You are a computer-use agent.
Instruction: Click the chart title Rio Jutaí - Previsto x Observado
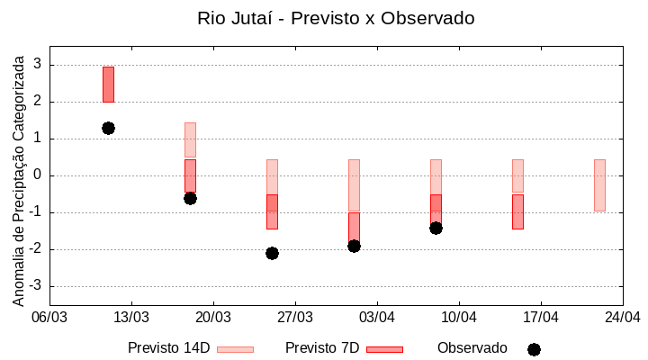[336, 18]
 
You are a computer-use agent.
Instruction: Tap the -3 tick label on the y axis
[36, 286]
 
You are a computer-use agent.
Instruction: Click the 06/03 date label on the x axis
[49, 317]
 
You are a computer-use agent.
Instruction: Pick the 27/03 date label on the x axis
[295, 317]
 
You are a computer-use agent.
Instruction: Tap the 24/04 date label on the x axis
[623, 317]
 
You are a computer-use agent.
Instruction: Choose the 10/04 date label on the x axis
[459, 317]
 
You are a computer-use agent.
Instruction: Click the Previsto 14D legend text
[168, 348]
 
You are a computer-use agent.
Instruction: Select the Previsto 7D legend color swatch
[384, 349]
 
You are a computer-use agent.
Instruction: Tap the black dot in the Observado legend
[534, 349]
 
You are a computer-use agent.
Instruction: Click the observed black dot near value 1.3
[108, 128]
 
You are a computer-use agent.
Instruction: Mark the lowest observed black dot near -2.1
[272, 253]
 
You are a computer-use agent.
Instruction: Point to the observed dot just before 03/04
[354, 246]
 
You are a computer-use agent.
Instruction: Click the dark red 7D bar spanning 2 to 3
[108, 84]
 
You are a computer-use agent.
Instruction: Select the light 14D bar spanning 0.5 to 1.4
[190, 139]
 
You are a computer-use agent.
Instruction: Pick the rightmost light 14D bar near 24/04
[599, 184]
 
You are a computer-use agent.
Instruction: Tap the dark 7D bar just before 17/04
[517, 211]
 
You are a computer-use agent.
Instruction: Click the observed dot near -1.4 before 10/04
[436, 228]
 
